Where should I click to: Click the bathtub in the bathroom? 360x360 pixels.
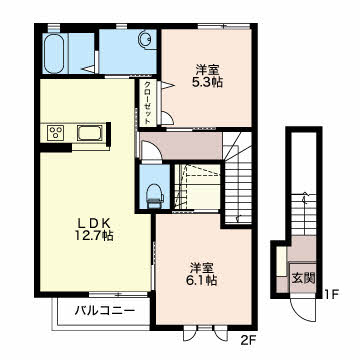click(x=54, y=53)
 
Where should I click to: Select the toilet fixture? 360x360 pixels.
click(x=155, y=196)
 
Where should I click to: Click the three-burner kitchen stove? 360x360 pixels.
click(x=55, y=133)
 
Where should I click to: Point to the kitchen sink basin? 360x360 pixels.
click(x=90, y=133)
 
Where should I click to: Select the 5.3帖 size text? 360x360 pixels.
click(x=207, y=82)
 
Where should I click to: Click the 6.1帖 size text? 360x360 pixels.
click(x=202, y=280)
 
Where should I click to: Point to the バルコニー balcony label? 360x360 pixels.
click(x=105, y=312)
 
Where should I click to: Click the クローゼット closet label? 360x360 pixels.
click(x=147, y=103)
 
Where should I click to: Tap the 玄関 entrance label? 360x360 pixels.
click(x=303, y=278)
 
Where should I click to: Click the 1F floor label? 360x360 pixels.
click(x=332, y=294)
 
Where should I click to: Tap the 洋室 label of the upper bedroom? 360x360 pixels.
click(x=207, y=70)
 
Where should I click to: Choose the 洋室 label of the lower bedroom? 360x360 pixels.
click(x=202, y=268)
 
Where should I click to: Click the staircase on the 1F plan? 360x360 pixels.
click(x=303, y=213)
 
